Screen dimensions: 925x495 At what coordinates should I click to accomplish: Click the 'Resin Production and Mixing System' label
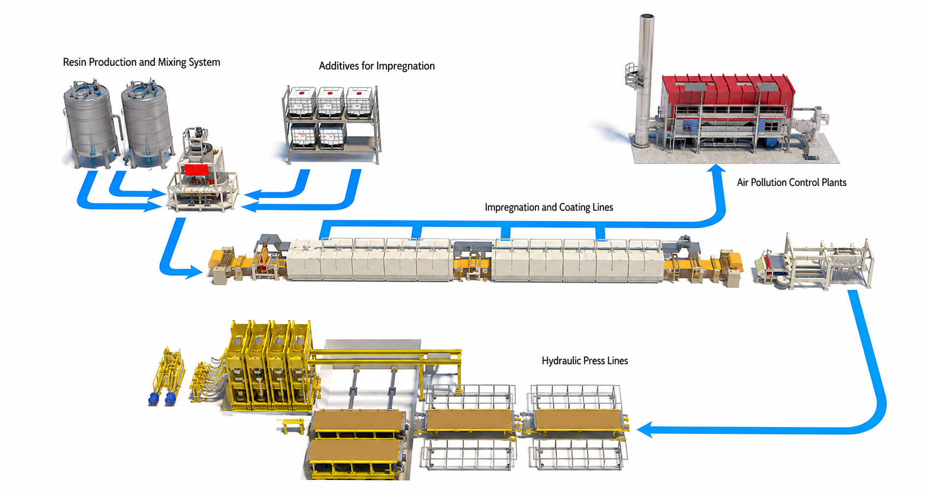[141, 63]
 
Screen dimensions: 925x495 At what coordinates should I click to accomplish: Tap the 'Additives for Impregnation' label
[377, 66]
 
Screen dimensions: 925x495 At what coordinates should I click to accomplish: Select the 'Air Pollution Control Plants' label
[792, 182]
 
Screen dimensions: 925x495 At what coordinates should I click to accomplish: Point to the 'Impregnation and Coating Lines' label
[549, 207]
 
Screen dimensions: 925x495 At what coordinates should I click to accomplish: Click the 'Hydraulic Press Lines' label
[584, 361]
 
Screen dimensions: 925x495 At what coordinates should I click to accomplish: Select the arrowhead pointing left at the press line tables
[644, 429]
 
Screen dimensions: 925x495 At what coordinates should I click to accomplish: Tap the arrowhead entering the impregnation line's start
[194, 272]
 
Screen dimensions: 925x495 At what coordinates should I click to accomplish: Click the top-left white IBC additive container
[301, 100]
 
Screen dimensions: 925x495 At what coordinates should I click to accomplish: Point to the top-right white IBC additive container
[359, 100]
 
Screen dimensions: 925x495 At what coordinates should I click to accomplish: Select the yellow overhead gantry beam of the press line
[386, 354]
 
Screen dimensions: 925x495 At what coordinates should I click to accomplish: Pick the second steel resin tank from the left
[147, 124]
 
